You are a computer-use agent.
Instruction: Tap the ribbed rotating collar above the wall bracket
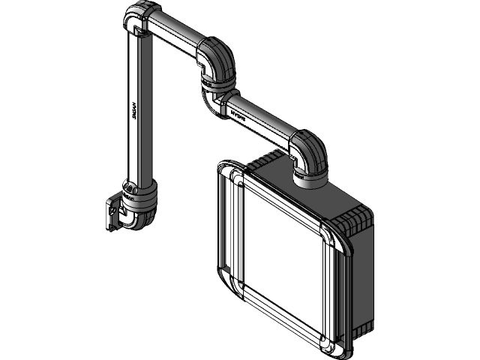coord(139,199)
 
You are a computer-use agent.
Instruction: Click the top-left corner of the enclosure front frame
coord(235,178)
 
